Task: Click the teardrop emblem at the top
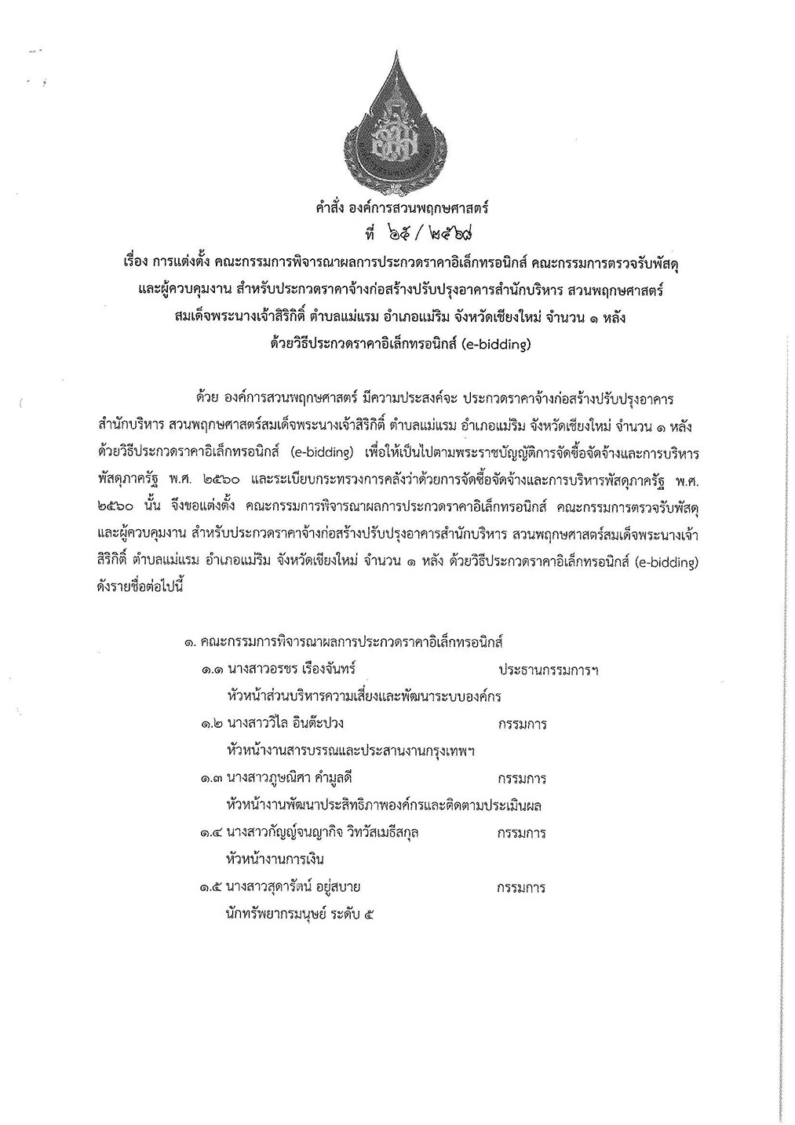click(398, 118)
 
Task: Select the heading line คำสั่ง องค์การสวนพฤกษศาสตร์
click(397, 209)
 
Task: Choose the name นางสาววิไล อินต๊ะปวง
click(285, 723)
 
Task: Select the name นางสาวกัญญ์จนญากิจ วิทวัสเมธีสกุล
click(322, 832)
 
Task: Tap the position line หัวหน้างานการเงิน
click(274, 859)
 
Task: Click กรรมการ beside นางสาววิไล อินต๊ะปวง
click(522, 724)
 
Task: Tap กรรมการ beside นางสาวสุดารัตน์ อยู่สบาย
click(522, 889)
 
